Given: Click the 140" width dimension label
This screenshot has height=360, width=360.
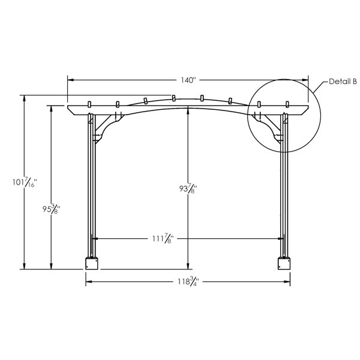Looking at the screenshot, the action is point(188,80).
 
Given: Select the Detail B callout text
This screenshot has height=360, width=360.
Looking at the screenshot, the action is point(343,82).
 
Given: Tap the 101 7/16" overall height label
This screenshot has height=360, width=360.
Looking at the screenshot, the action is point(25,182).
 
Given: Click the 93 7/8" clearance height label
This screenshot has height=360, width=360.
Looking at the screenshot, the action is point(188,188).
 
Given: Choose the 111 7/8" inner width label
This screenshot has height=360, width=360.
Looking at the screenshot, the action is point(163,239).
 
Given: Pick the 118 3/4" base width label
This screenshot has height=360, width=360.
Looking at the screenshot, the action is point(188,281).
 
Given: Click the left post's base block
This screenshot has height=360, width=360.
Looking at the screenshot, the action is point(92,263).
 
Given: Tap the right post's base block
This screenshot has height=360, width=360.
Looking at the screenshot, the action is point(284,263).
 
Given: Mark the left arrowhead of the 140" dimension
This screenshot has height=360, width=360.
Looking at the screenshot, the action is point(70,80).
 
